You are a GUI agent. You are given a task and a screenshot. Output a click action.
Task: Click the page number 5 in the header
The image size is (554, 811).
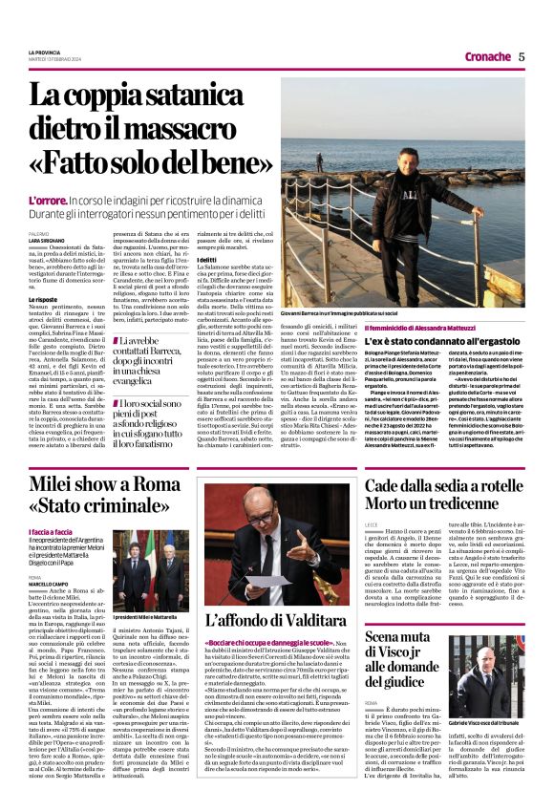click(522, 56)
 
